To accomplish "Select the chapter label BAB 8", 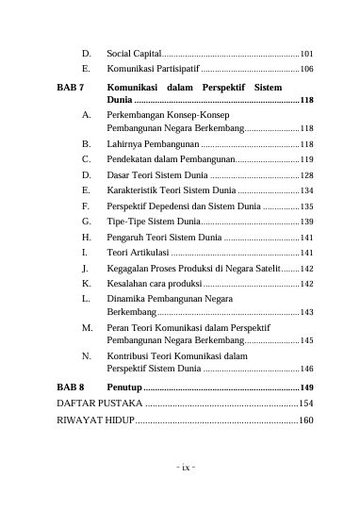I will [x=70, y=387].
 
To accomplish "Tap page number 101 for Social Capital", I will [x=306, y=55].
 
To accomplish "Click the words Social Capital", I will [x=134, y=55].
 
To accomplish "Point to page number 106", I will [x=306, y=70].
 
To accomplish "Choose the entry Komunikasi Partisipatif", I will [x=152, y=70].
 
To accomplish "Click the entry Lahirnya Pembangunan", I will [x=152, y=145].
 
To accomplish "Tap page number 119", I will [x=306, y=160].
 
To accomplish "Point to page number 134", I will [x=306, y=190].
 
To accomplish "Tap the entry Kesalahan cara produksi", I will [x=155, y=283].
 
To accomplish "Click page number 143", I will [x=306, y=313].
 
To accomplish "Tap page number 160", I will [x=306, y=420].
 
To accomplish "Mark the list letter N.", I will [x=86, y=357].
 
